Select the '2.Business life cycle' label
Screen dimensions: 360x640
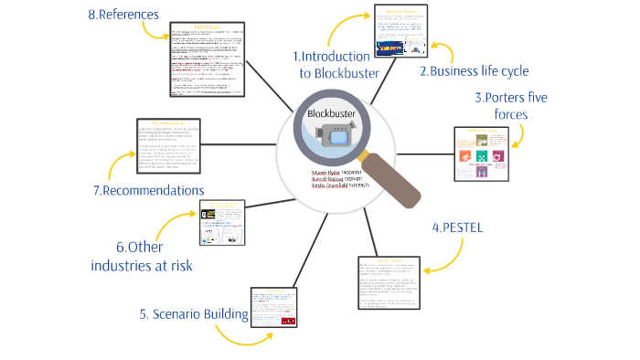474,71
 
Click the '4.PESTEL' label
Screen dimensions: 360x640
456,227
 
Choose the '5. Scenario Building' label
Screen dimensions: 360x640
195,315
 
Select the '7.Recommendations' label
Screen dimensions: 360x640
148,190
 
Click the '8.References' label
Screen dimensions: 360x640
123,15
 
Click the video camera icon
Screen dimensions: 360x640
330,140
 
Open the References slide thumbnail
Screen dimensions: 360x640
208,60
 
